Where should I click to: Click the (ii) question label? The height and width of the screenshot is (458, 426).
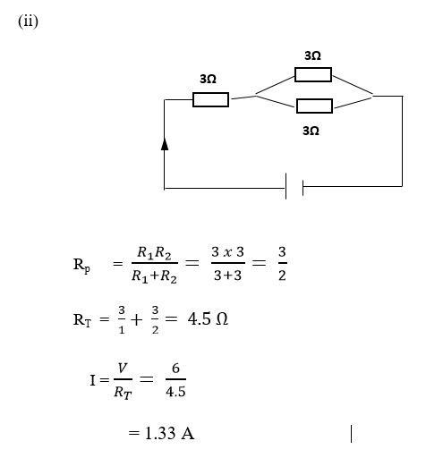click(x=28, y=21)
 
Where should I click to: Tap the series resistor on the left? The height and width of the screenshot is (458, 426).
click(x=210, y=99)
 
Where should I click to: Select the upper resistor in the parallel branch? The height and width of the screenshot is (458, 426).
click(x=313, y=74)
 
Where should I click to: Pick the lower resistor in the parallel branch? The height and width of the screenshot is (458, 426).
click(x=314, y=106)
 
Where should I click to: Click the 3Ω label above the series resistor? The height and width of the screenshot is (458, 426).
click(x=208, y=79)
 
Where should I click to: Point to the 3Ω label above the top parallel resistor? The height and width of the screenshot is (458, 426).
click(x=312, y=55)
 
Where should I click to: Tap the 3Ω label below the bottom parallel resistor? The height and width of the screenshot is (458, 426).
click(x=311, y=131)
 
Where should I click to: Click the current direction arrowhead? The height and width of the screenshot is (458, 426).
click(x=165, y=144)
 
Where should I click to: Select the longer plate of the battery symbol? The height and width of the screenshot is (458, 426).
click(x=285, y=186)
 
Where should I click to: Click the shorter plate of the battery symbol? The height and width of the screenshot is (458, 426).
click(x=302, y=188)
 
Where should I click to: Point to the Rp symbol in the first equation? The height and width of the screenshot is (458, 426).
click(x=81, y=265)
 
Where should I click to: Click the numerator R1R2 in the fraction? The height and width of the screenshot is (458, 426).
click(x=154, y=253)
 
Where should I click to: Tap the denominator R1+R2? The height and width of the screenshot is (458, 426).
click(x=154, y=276)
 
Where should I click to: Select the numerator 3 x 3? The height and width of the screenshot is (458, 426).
click(x=227, y=252)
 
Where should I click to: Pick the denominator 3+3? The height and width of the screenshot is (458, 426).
click(x=227, y=276)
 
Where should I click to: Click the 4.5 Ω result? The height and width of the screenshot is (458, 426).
click(x=208, y=319)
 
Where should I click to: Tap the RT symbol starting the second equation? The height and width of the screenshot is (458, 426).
click(x=82, y=320)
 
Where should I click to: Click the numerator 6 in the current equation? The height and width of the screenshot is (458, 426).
click(x=175, y=369)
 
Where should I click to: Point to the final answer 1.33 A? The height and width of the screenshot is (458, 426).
click(x=169, y=433)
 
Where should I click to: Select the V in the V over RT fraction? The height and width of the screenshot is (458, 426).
click(x=123, y=369)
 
